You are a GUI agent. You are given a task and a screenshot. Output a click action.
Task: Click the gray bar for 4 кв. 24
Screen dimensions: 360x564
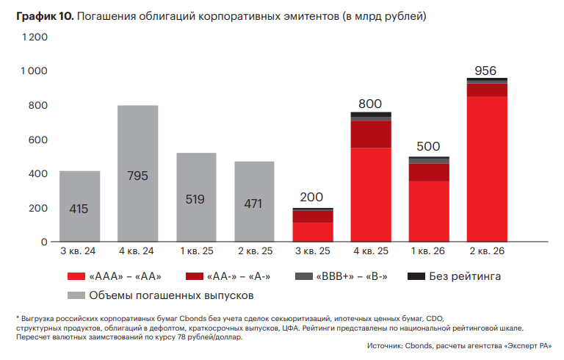point(137,173)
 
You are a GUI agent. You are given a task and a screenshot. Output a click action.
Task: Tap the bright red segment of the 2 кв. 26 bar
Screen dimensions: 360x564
point(487,169)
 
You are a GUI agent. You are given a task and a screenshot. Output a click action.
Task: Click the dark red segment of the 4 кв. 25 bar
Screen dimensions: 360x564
point(371,134)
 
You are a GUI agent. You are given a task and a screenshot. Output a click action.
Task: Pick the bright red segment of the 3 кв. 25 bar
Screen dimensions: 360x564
point(312,232)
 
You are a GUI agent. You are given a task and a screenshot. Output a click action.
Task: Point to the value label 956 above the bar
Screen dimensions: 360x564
point(485,71)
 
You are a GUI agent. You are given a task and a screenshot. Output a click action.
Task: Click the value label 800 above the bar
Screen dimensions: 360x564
point(370,104)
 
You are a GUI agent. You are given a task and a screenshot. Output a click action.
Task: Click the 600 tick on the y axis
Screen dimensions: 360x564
point(37,140)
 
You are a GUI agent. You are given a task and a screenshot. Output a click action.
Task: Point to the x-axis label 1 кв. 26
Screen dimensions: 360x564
point(429,251)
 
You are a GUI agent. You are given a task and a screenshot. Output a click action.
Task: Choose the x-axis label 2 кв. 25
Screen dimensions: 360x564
point(254,251)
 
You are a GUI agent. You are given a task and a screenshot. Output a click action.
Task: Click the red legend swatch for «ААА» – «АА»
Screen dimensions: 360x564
point(76,276)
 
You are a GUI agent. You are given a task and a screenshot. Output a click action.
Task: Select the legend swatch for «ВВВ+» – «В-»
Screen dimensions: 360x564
point(303,276)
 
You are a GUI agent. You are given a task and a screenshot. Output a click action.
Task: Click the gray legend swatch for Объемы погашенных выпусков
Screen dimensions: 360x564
point(76,295)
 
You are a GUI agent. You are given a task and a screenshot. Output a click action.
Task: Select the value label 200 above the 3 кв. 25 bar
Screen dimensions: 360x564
point(312,198)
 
